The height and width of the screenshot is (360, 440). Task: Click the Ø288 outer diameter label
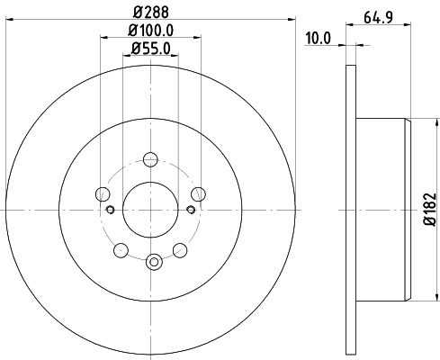(x=151, y=13)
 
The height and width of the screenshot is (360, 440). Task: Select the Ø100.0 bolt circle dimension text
(x=151, y=32)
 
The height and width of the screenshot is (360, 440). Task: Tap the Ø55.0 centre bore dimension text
(x=151, y=49)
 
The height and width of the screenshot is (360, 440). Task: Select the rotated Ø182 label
(x=428, y=211)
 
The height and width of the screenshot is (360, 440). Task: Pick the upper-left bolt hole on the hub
(x=103, y=195)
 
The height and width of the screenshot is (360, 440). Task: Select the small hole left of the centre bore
(x=111, y=211)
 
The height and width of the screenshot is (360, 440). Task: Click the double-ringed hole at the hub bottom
(x=153, y=263)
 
